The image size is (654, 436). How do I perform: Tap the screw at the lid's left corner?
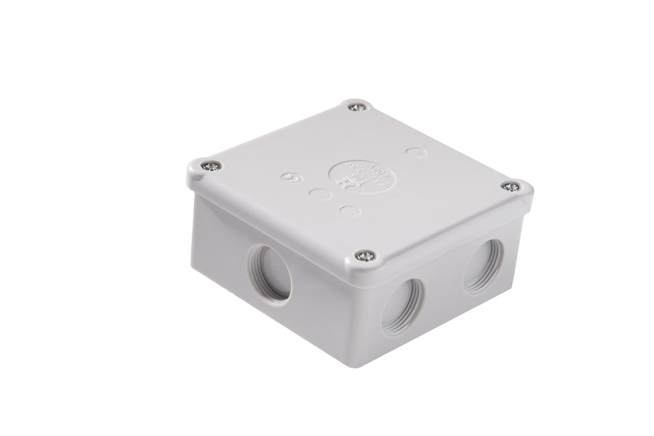pos(205,166)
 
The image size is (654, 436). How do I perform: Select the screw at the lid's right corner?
pos(512,187)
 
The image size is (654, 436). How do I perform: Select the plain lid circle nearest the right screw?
pos(413,153)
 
